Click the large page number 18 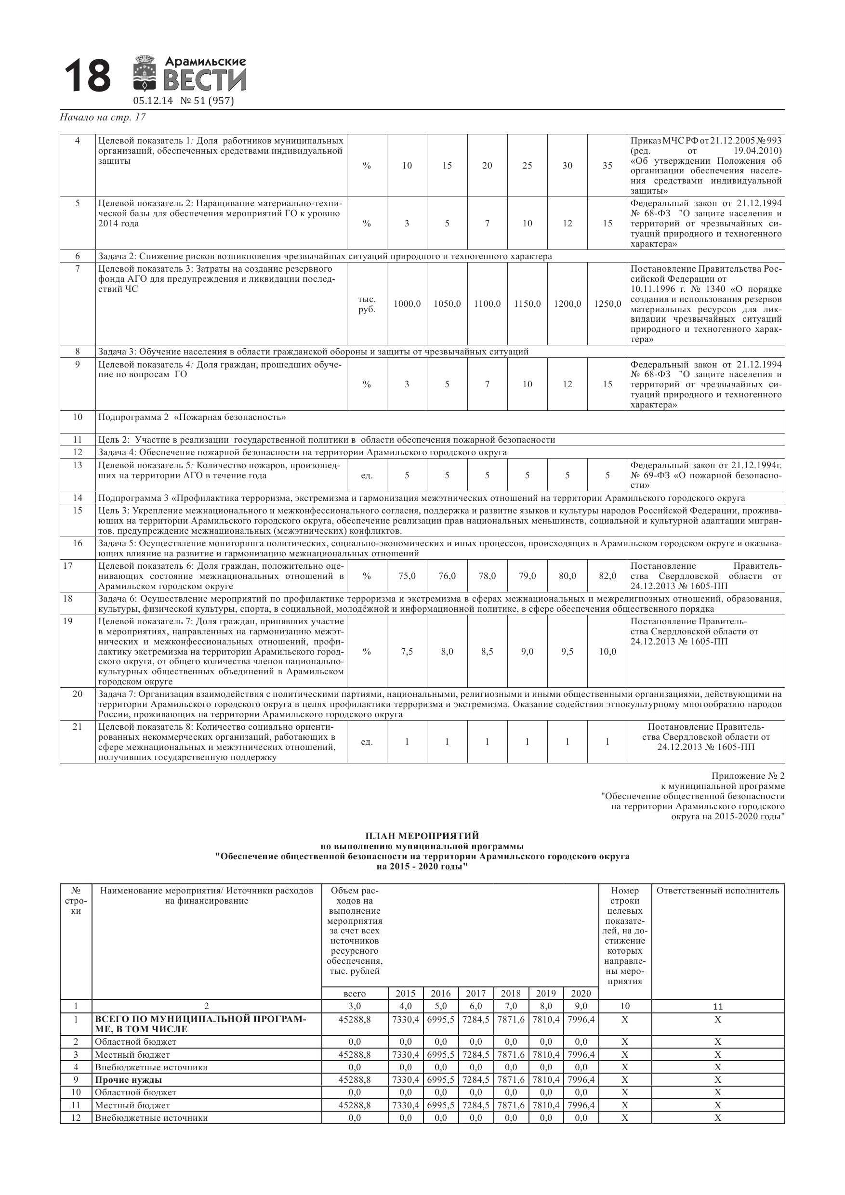[88, 76]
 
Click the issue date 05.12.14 [153, 101]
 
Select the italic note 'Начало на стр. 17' [103, 118]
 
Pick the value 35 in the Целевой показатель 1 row [607, 166]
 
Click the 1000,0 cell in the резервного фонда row [407, 304]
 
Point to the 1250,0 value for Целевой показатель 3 [607, 304]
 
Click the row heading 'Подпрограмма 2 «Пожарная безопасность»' [192, 418]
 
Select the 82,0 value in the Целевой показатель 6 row [607, 576]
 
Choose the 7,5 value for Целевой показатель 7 [407, 652]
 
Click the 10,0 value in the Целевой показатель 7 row [607, 652]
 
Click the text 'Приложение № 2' [748, 776]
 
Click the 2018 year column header [510, 994]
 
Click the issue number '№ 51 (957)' [207, 101]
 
